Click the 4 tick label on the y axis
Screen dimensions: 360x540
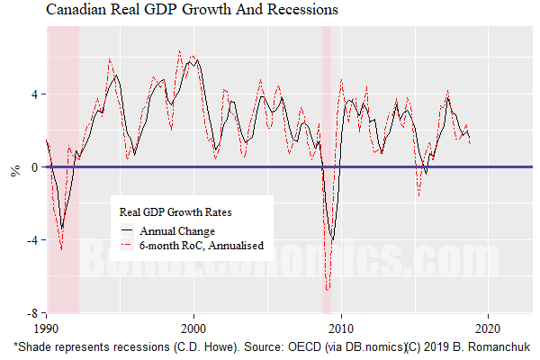point(35,94)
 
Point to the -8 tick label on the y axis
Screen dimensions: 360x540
point(32,313)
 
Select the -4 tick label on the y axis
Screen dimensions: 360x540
point(32,240)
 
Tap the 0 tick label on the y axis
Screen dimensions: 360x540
point(35,167)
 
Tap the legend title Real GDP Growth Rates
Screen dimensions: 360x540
point(175,212)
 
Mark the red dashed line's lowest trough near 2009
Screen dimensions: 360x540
point(328,290)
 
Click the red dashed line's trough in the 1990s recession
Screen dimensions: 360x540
point(61,248)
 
